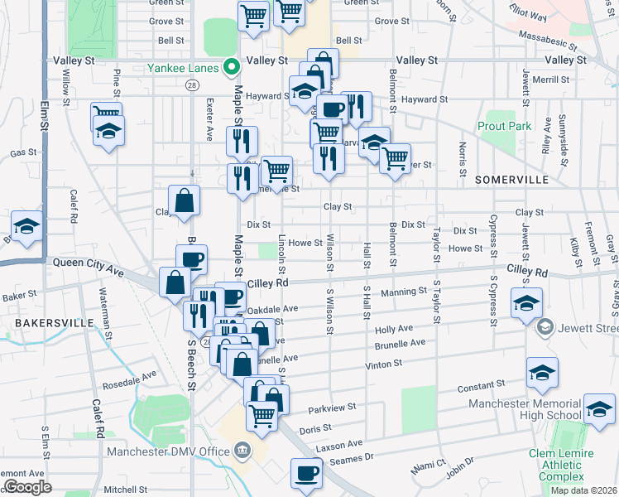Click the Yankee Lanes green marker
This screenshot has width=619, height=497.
tap(233, 68)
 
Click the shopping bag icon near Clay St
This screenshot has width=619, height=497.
tap(184, 201)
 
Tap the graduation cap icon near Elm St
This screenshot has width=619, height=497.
tap(27, 228)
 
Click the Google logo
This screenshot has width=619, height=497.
tap(27, 487)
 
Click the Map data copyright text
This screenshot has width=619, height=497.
tap(583, 490)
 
